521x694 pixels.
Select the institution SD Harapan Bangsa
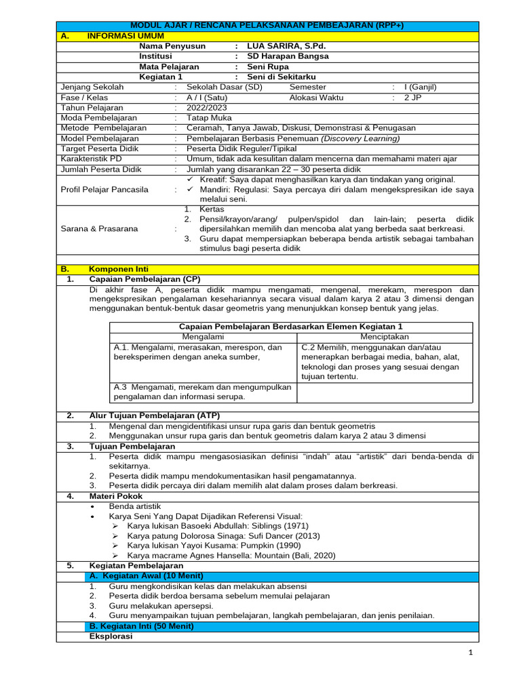(288, 56)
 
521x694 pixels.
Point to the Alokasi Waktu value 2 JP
(412, 98)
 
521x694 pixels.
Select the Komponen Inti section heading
(119, 269)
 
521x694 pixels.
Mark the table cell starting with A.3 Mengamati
(203, 392)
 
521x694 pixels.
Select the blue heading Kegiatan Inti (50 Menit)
(142, 626)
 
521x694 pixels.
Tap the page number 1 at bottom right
(469, 652)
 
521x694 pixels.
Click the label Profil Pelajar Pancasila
(104, 189)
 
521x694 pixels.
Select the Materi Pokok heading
(117, 496)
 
